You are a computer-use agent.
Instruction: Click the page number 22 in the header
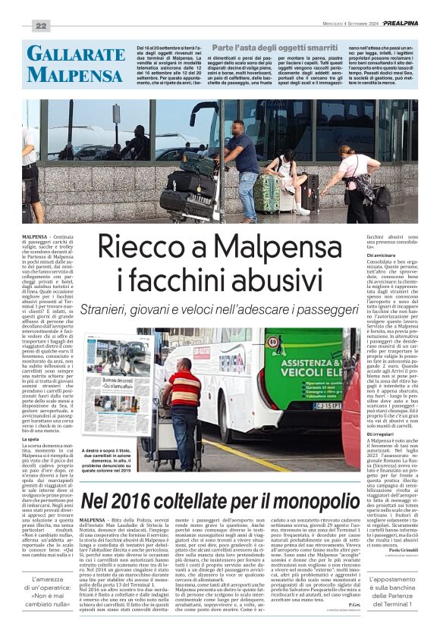tap(40, 27)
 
